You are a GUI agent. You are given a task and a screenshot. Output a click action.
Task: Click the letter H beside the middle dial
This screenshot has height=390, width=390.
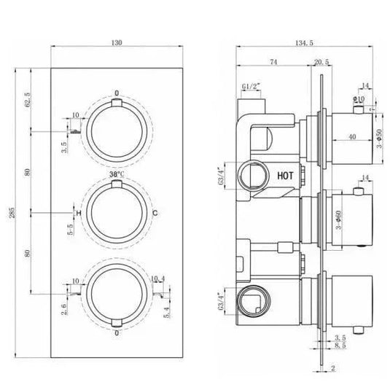[x=78, y=212]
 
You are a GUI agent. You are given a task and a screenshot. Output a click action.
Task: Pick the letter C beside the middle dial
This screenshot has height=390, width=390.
[x=155, y=212]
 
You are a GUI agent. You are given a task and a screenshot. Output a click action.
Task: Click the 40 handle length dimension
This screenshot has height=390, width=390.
[x=352, y=136]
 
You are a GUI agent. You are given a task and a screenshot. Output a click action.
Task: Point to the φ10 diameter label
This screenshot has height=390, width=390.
[x=359, y=99]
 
